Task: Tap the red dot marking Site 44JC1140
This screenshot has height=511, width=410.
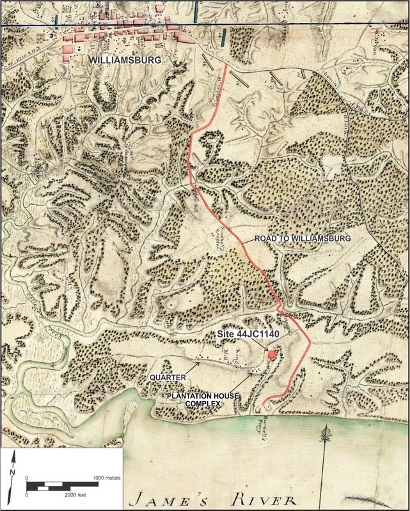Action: [272, 353]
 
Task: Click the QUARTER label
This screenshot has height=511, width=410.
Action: [168, 378]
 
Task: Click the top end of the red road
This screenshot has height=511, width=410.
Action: [227, 64]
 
